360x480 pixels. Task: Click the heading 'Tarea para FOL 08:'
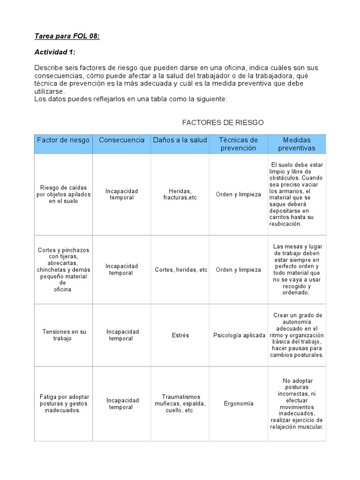(x=67, y=37)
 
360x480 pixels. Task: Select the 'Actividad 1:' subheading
(x=55, y=52)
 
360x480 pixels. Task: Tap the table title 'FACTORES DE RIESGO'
(x=223, y=122)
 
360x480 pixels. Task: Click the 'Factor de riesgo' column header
(x=63, y=140)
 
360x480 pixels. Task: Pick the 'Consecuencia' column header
(x=122, y=140)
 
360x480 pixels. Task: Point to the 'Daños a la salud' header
(x=180, y=140)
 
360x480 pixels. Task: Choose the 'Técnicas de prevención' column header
(x=238, y=144)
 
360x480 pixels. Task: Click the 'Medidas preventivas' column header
(x=297, y=144)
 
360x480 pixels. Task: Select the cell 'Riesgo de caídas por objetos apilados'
(x=63, y=195)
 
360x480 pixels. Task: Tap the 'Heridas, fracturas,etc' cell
(x=180, y=195)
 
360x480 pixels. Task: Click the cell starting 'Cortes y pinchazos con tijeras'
(x=63, y=270)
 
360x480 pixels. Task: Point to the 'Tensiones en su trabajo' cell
(x=63, y=335)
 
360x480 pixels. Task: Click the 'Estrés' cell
(x=180, y=335)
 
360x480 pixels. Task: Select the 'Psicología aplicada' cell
(x=239, y=335)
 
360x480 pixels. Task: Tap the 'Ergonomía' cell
(x=239, y=404)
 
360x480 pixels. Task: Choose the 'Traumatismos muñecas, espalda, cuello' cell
(x=180, y=404)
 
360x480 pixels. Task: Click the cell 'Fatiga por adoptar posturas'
(x=63, y=404)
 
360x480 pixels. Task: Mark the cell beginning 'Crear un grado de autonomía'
(x=297, y=335)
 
